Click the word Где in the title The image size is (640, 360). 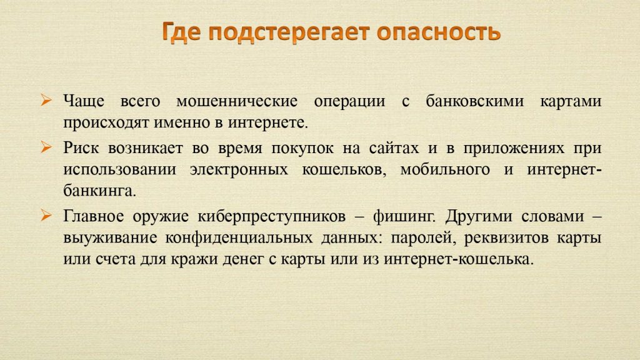coord(181,32)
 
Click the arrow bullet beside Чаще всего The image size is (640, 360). coord(46,100)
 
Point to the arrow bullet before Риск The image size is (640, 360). coord(46,147)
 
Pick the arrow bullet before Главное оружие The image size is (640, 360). coord(46,215)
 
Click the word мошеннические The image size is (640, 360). coord(237,101)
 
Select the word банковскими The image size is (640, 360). coord(475,101)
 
